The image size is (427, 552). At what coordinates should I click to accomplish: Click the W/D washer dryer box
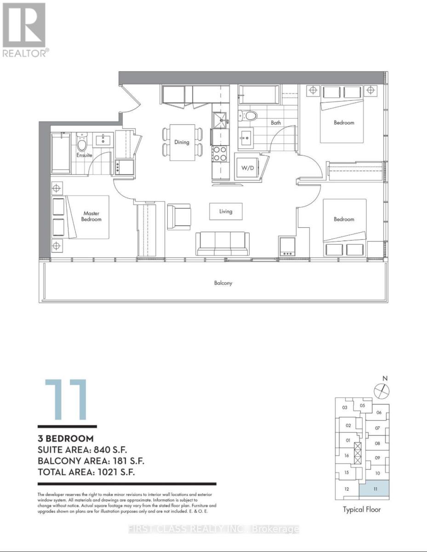247,167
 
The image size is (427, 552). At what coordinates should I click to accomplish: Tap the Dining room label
182,142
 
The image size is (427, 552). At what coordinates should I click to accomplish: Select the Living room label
225,212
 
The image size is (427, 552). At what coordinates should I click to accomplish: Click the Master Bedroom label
92,216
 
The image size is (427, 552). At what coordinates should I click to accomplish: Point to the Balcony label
223,283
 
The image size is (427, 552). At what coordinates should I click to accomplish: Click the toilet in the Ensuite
82,143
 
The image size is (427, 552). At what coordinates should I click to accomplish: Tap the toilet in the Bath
251,115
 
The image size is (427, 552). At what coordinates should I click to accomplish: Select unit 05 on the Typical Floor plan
362,405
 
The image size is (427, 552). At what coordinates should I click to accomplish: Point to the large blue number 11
66,399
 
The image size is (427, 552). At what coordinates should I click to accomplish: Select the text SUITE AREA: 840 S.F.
86,450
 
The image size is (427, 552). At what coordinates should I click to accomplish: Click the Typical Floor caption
362,509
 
